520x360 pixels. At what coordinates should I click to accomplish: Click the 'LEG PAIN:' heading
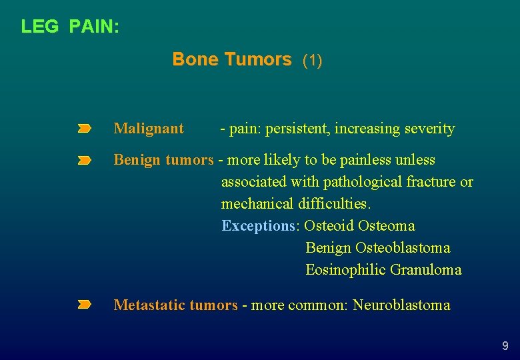[x=70, y=27]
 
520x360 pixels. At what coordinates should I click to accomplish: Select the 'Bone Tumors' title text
[x=231, y=59]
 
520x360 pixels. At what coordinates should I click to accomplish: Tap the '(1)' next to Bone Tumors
[x=312, y=61]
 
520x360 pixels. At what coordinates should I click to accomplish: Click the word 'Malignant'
[x=149, y=129]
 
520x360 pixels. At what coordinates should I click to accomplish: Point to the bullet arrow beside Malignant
[x=84, y=128]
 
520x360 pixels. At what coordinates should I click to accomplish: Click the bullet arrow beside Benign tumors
[x=84, y=161]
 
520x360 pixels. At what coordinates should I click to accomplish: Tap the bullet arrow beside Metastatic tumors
[x=84, y=305]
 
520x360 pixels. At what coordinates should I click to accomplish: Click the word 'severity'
[x=429, y=129]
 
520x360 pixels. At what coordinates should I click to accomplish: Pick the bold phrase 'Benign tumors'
[x=163, y=160]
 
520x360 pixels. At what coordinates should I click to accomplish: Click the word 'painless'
[x=368, y=160]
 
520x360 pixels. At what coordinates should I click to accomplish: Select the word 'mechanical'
[x=256, y=204]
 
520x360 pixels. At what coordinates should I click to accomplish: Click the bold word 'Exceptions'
[x=258, y=226]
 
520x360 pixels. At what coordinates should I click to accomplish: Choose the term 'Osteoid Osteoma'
[x=359, y=226]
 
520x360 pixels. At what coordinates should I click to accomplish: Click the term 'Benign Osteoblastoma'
[x=377, y=248]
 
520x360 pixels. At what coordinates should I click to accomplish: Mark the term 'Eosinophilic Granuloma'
[x=383, y=270]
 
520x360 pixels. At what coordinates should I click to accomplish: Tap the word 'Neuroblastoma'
[x=401, y=305]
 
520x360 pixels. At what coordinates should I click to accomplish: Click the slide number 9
[x=505, y=346]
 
